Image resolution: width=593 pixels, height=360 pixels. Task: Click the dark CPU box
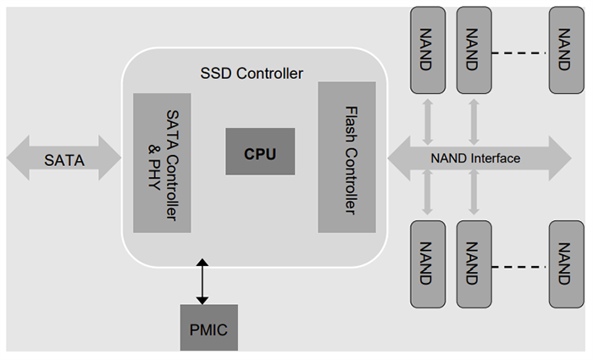tap(260, 152)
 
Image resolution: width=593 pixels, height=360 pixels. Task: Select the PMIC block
tap(208, 327)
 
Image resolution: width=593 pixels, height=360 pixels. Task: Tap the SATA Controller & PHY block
tap(162, 162)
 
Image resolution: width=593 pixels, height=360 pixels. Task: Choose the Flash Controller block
tap(346, 158)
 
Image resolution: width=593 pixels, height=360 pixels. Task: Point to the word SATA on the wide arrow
tap(64, 158)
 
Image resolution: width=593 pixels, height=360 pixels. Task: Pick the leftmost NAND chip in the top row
tap(427, 50)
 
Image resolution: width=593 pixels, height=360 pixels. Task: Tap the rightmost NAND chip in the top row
tap(565, 50)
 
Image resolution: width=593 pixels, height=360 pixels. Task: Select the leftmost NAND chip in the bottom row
tap(427, 263)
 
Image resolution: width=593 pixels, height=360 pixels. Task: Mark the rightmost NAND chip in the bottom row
tap(565, 263)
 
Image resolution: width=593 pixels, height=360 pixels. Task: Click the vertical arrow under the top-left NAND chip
tap(428, 117)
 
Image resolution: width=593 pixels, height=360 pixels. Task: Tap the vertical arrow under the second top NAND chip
tap(474, 117)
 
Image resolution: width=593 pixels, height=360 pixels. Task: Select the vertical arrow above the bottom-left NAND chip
tap(428, 197)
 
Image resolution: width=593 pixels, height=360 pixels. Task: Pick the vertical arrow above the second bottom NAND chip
tap(474, 197)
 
